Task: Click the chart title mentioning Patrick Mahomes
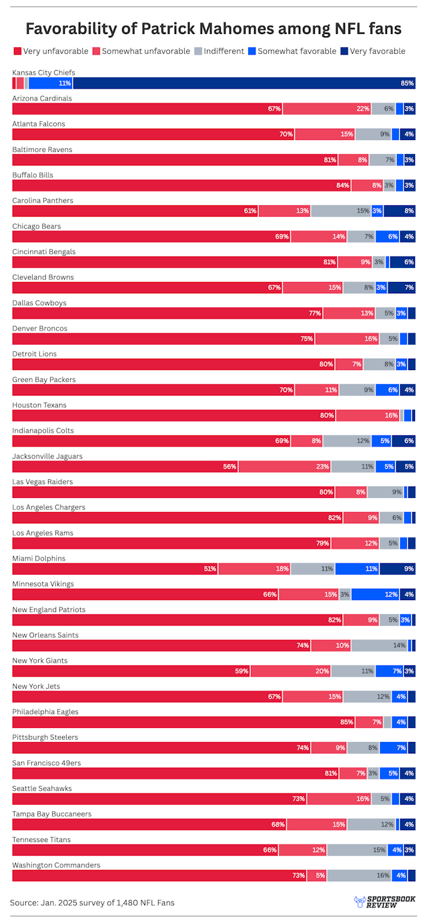pos(213,28)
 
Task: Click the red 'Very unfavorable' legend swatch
pos(17,51)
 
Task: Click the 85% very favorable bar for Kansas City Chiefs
pos(244,83)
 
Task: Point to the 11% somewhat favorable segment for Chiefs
pos(50,83)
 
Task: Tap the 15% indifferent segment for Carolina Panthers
pos(340,211)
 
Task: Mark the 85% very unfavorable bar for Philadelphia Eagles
pos(183,722)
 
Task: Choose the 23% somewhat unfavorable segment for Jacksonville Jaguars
pos(285,467)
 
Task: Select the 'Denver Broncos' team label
pos(39,329)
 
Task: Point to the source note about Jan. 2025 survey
pos(92,903)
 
